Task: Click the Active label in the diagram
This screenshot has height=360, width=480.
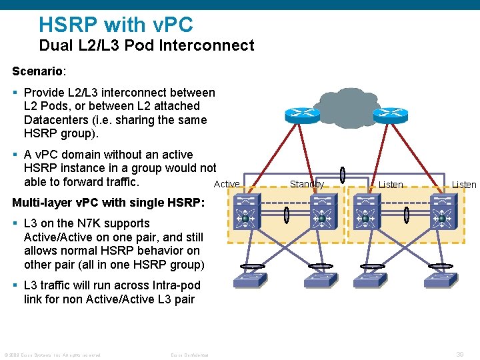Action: point(227,184)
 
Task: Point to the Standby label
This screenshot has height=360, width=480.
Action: point(307,184)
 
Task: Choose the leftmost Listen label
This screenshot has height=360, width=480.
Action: point(391,185)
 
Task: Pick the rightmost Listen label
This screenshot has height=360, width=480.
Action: point(464,185)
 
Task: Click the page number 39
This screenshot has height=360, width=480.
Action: point(460,355)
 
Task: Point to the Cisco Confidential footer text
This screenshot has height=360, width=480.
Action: point(189,355)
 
